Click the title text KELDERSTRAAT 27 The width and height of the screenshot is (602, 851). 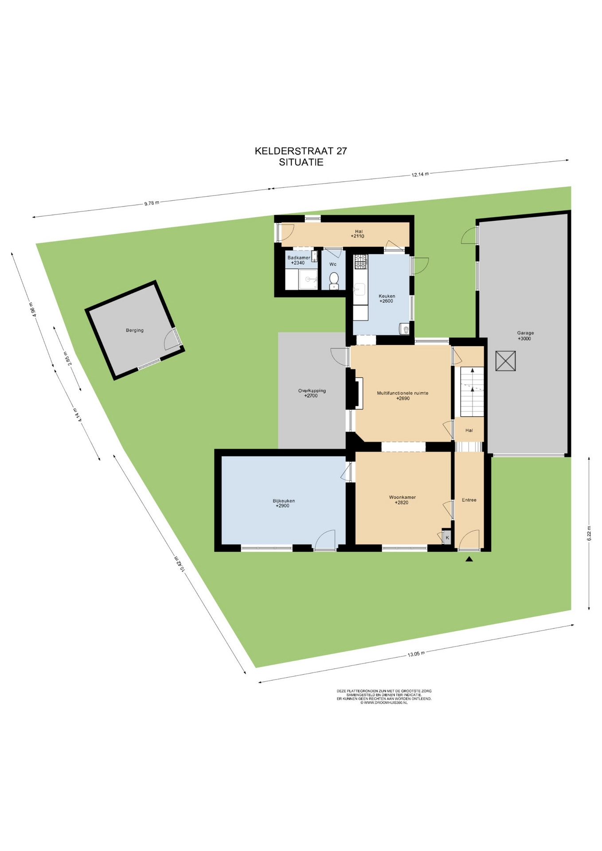point(301,151)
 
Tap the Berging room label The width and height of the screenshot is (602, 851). point(135,330)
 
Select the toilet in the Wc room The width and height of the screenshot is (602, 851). point(334,280)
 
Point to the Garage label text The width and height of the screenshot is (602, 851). point(525,333)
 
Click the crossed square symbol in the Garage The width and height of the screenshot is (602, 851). point(505,361)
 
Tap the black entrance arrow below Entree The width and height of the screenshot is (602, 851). point(469,559)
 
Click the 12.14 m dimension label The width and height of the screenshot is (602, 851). point(420,174)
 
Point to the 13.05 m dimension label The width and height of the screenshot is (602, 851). point(416,654)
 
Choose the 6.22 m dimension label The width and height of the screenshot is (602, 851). point(589,533)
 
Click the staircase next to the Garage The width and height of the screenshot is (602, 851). point(472,392)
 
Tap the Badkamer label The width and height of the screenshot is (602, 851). point(299,258)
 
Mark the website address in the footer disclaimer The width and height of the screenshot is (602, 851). point(384,703)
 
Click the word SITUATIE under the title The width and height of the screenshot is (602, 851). point(301,162)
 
